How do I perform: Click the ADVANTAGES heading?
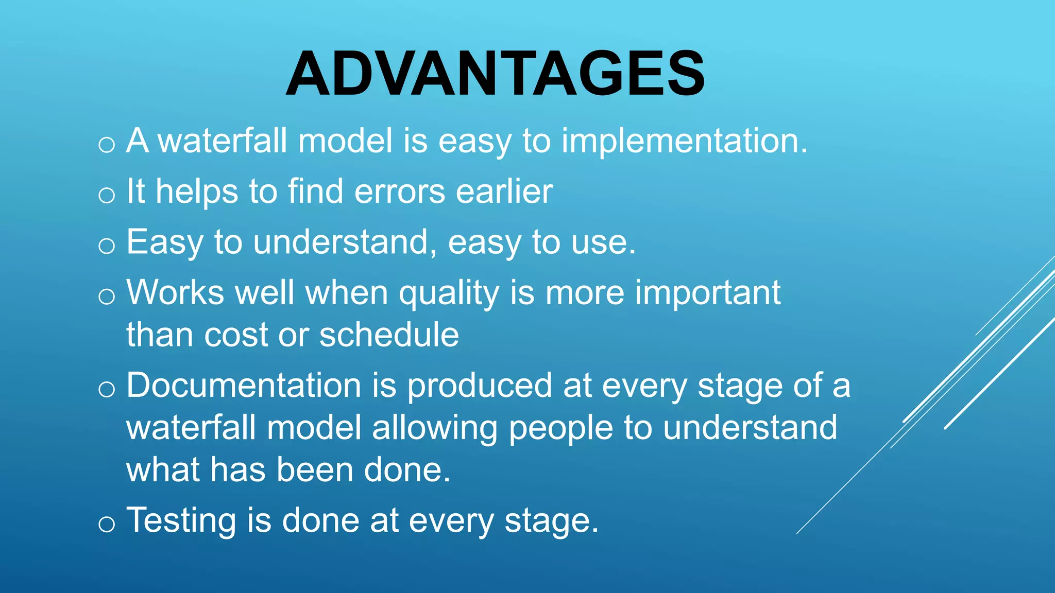(x=496, y=74)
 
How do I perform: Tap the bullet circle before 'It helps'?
(x=107, y=195)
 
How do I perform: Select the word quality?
(x=449, y=294)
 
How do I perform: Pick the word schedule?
(x=389, y=335)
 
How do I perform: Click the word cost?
(x=236, y=335)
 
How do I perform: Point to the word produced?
(x=480, y=386)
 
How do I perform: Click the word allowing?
(x=434, y=429)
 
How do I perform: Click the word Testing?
(x=181, y=521)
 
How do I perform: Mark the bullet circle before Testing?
(x=107, y=525)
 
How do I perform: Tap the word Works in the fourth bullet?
(x=175, y=293)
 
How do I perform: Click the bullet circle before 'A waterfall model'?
(x=107, y=145)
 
